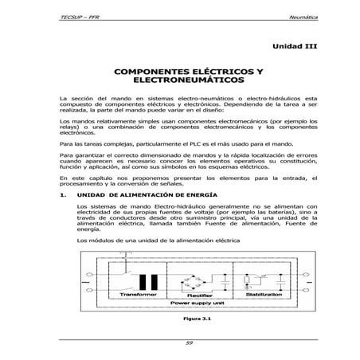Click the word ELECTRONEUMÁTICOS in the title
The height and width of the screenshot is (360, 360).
click(180, 81)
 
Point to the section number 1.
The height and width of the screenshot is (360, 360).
click(62, 194)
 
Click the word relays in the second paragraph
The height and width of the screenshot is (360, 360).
click(68, 127)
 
